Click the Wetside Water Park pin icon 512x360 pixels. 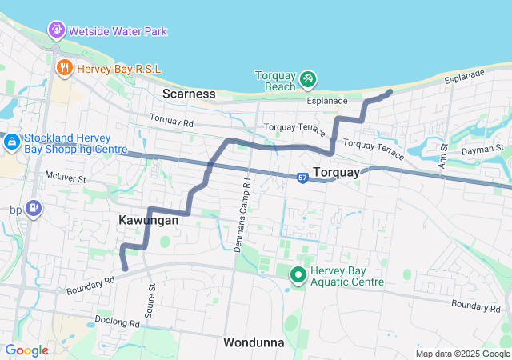(57, 31)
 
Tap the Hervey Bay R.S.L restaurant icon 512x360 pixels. (65, 69)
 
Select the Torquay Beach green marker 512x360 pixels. (308, 80)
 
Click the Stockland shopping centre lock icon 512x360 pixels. (12, 142)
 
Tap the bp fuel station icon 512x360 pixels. (34, 210)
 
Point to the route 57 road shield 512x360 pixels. (301, 177)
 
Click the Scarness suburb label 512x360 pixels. (189, 94)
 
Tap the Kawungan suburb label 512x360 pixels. (148, 219)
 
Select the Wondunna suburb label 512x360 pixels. (254, 342)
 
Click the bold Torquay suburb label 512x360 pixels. (337, 172)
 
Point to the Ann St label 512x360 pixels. (443, 152)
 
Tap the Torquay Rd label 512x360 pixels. (171, 122)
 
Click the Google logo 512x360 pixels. (27, 350)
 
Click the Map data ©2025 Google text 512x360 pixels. (462, 354)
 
